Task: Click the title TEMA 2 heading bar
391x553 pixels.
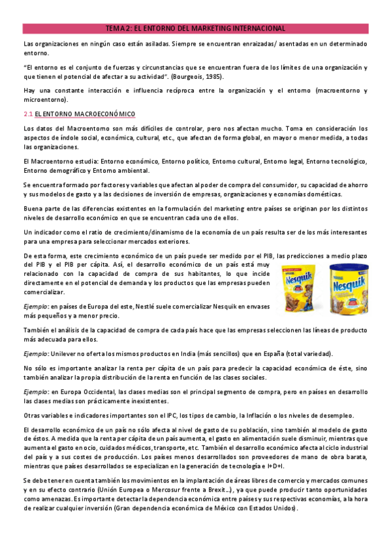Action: tap(195, 29)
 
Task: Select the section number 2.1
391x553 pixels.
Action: tap(27, 114)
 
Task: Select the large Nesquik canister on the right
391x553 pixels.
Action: tap(347, 284)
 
